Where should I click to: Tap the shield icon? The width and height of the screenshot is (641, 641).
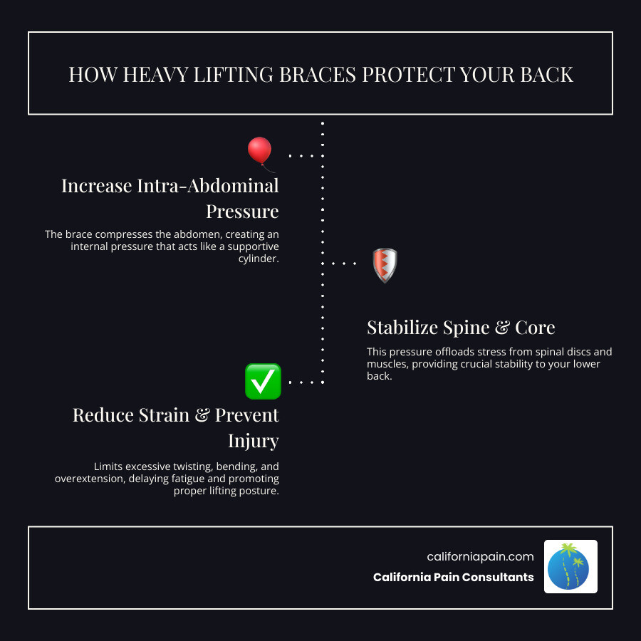click(385, 265)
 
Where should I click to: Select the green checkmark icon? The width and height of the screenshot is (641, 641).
click(263, 381)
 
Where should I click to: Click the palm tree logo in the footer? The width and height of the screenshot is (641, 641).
click(570, 566)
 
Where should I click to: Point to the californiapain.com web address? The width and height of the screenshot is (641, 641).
click(480, 557)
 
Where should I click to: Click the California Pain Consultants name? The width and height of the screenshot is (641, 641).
click(453, 577)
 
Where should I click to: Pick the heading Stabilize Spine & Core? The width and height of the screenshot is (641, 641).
click(461, 328)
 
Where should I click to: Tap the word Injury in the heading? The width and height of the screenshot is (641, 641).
click(253, 441)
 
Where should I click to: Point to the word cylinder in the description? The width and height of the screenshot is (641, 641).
click(259, 259)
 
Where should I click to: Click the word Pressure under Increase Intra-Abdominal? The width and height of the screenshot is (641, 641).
click(242, 212)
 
